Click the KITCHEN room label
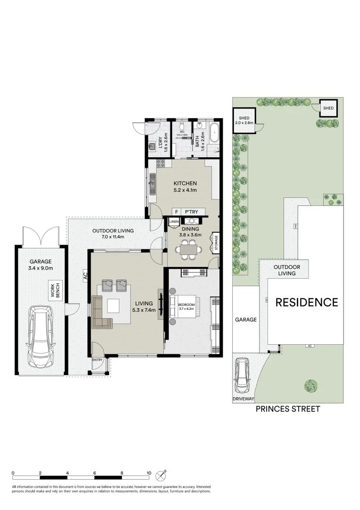click(x=185, y=183)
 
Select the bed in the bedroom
click(x=186, y=309)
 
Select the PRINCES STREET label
click(x=288, y=409)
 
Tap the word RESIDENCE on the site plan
click(x=307, y=302)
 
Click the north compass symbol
click(x=163, y=474)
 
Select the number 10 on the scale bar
click(x=149, y=473)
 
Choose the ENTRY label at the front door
click(x=97, y=360)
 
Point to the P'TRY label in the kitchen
click(x=192, y=212)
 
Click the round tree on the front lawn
click(x=311, y=386)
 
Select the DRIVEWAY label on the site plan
click(x=243, y=399)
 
